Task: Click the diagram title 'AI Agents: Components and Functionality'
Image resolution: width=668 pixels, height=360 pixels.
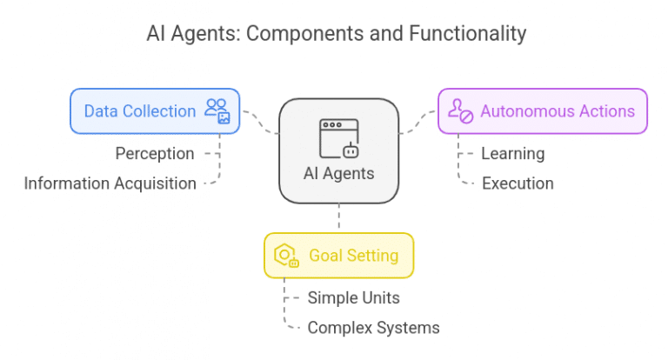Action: click(x=336, y=34)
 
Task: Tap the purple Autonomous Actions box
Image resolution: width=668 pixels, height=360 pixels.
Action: click(x=542, y=111)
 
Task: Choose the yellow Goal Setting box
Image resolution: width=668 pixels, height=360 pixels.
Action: click(x=338, y=256)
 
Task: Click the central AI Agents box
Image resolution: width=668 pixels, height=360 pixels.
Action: click(x=338, y=150)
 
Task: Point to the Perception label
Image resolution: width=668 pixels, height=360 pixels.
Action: click(x=155, y=154)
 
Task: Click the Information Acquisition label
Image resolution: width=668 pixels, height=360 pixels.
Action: click(x=110, y=183)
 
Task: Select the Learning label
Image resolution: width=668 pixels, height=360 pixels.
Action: click(x=512, y=154)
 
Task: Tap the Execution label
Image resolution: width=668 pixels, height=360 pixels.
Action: click(x=518, y=183)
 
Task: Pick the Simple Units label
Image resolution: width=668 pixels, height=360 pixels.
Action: click(x=353, y=298)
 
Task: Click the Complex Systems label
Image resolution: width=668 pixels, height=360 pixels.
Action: click(x=373, y=328)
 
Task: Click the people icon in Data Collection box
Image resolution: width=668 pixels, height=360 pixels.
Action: click(x=217, y=111)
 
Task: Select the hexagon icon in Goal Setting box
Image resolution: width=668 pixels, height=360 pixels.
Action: click(x=286, y=256)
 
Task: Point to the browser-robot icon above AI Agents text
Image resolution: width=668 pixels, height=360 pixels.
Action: click(x=338, y=137)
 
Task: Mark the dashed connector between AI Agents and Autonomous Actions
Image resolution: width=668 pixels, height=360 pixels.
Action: click(x=417, y=123)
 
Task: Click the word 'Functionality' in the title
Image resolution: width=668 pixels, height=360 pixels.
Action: click(x=471, y=34)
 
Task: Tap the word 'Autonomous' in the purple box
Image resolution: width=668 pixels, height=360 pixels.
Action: click(x=523, y=111)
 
